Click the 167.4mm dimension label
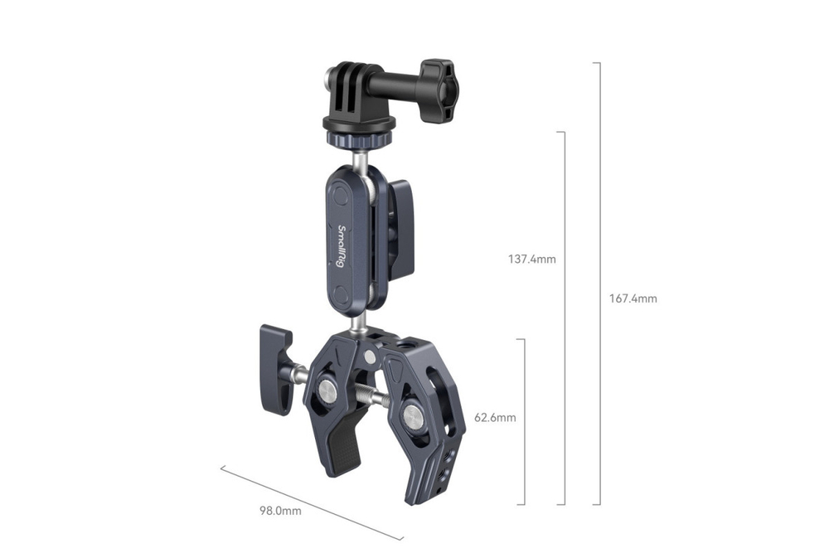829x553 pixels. click(x=634, y=298)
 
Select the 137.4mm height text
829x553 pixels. click(x=531, y=259)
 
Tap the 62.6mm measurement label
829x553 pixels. click(x=494, y=418)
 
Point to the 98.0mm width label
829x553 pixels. click(x=279, y=512)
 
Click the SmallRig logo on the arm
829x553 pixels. click(x=340, y=246)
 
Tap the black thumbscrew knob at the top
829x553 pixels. click(x=436, y=90)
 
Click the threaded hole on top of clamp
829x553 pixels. click(x=406, y=342)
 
